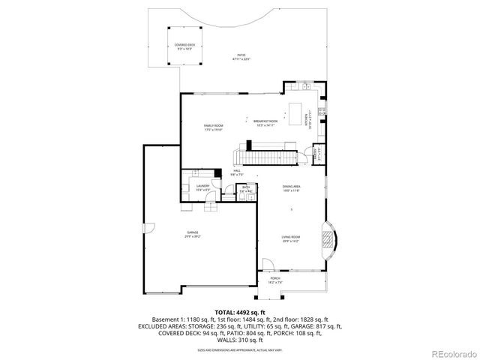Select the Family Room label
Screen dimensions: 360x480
point(213,127)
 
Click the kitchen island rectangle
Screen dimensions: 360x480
point(303,114)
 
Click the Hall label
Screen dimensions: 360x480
point(237,173)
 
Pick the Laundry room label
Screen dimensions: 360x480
point(202,187)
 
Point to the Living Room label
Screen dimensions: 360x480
point(290,239)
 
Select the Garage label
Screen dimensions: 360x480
point(193,234)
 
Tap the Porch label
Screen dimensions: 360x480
point(274,280)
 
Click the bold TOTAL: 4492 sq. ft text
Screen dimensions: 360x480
point(240,311)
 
